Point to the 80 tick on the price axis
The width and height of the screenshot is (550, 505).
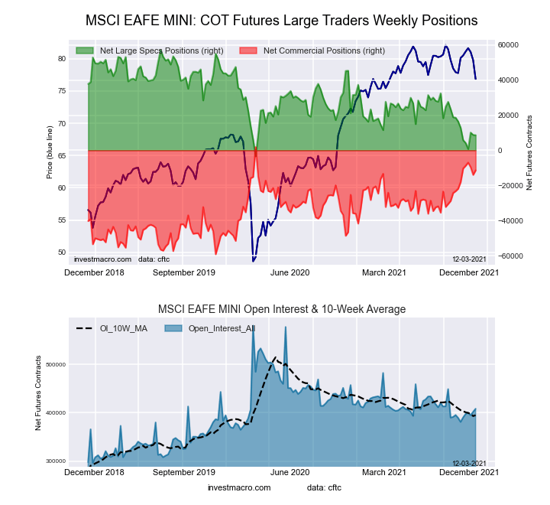pos(61,58)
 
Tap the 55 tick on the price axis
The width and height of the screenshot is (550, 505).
pos(61,220)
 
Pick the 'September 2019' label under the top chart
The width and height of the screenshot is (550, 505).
pos(184,272)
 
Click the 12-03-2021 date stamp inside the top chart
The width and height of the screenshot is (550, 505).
pos(470,259)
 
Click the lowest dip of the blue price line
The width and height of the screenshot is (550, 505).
pos(254,261)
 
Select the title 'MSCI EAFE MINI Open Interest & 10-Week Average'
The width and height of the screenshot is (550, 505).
pos(281,309)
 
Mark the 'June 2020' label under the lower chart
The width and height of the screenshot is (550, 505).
pos(290,472)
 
